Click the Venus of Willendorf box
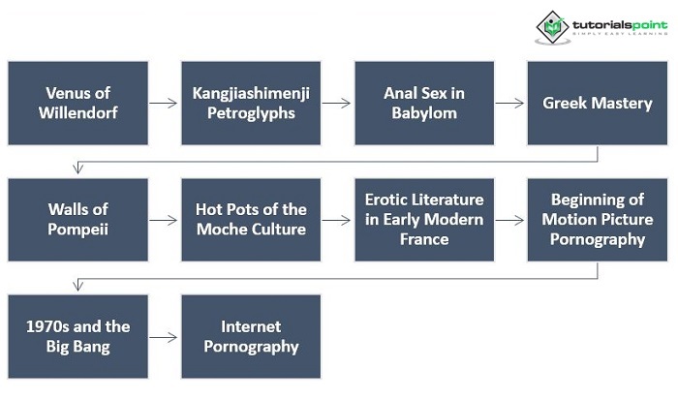click(x=78, y=103)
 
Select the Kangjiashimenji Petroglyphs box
click(x=251, y=103)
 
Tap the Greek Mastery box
click(x=597, y=103)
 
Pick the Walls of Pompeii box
click(x=78, y=220)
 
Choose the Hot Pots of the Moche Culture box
click(x=251, y=220)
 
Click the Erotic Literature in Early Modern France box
click(x=423, y=220)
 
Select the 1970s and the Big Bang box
click(x=78, y=336)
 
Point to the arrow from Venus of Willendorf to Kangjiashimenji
click(x=165, y=103)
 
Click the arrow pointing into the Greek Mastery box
click(x=509, y=103)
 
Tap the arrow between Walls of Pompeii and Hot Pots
click(x=165, y=220)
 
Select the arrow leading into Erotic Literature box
click(x=337, y=220)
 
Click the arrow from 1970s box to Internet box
click(x=165, y=337)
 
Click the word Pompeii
click(x=77, y=230)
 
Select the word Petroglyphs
click(x=251, y=112)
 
